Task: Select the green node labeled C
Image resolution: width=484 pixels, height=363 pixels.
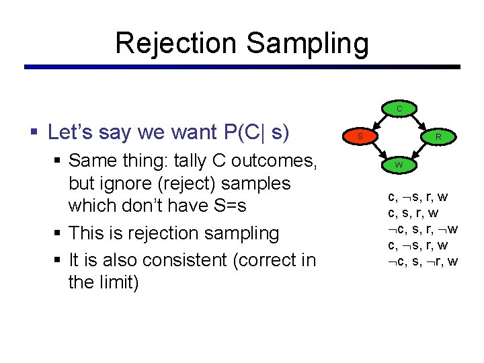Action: click(399, 108)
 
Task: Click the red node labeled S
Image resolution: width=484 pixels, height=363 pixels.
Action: click(361, 136)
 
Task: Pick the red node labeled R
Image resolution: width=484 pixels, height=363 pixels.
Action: click(438, 136)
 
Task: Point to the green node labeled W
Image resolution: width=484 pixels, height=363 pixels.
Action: click(399, 165)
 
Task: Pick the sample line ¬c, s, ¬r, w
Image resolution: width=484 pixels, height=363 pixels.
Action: click(423, 261)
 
